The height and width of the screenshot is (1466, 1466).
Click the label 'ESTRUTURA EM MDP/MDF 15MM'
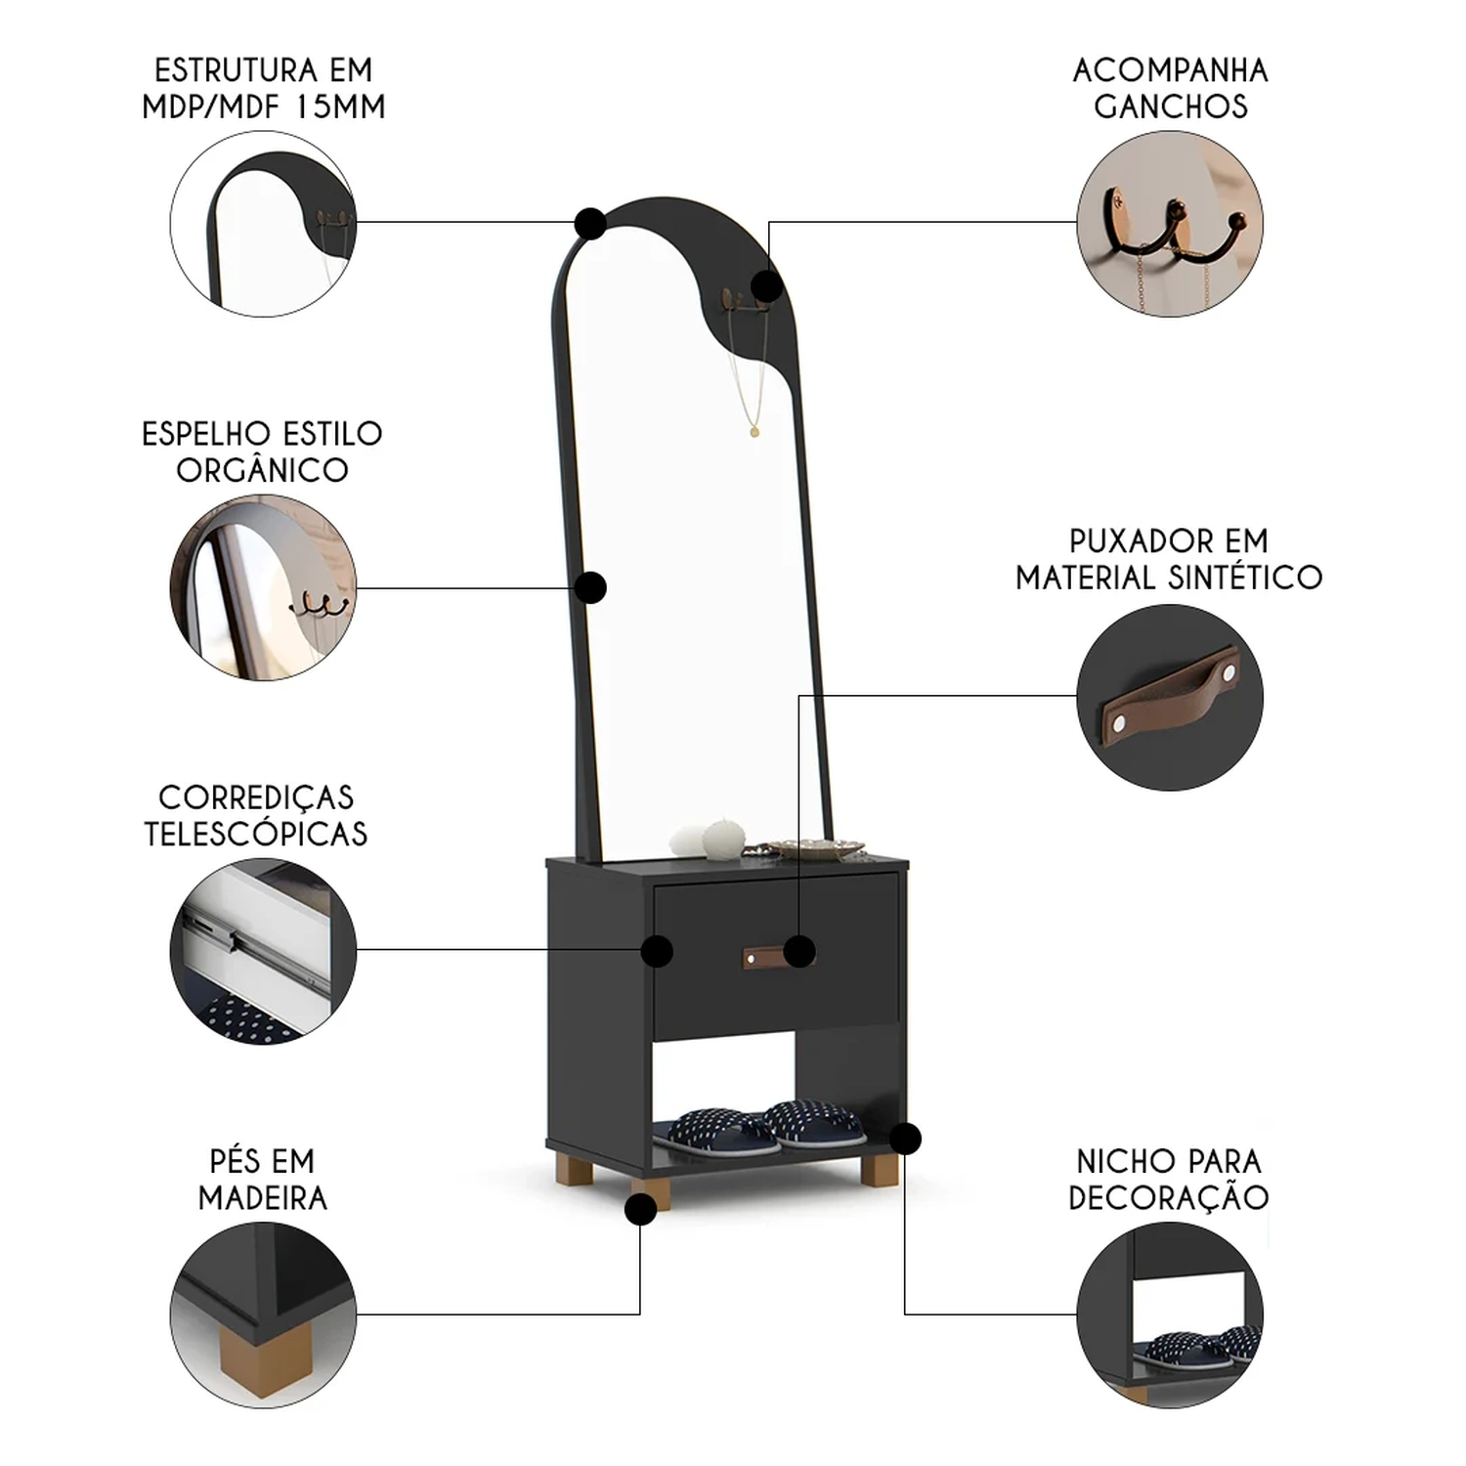click(263, 88)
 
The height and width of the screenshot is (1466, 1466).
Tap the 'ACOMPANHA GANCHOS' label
click(1170, 88)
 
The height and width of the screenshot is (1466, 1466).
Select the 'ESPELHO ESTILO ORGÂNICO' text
click(262, 452)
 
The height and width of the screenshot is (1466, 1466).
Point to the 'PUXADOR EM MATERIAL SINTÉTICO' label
click(1169, 559)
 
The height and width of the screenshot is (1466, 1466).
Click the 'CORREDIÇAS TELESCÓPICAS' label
click(256, 815)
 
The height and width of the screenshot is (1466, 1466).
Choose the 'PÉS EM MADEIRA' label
click(262, 1179)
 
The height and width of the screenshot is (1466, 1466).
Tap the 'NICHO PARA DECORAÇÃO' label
click(1169, 1179)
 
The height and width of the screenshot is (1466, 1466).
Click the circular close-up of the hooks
click(1170, 224)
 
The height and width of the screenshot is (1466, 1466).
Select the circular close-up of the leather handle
click(1170, 697)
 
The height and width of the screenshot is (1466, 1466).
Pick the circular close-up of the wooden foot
click(263, 1315)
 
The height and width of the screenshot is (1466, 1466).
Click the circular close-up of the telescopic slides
click(263, 951)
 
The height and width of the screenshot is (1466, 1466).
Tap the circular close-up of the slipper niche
click(1170, 1315)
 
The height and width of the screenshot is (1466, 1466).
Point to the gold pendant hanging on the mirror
click(754, 429)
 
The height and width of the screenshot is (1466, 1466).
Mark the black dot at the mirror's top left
click(590, 224)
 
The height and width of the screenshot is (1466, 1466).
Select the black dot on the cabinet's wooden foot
click(640, 1210)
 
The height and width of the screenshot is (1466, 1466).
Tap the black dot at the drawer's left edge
click(657, 951)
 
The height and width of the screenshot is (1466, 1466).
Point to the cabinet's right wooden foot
click(880, 1170)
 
